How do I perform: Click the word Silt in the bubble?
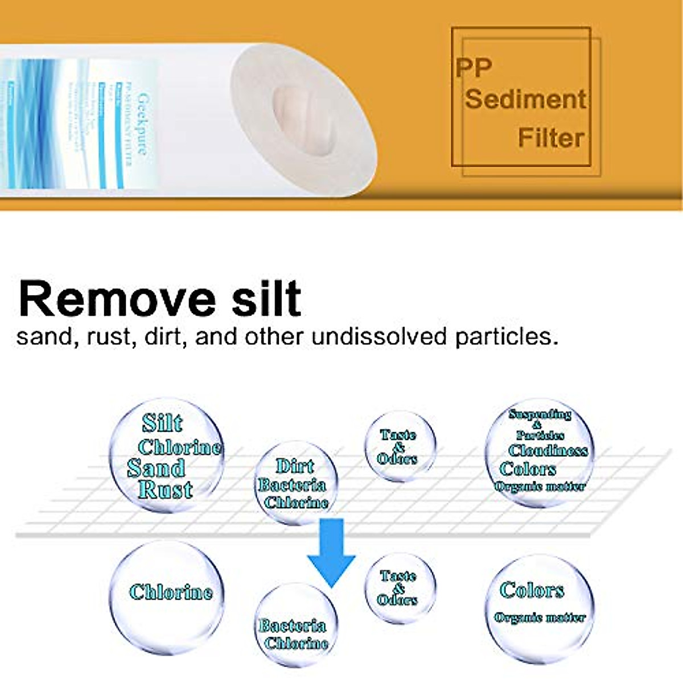click(x=162, y=423)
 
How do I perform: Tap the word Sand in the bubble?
click(x=157, y=468)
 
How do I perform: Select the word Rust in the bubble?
click(x=166, y=489)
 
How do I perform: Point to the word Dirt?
click(x=295, y=466)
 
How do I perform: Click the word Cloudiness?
click(x=548, y=451)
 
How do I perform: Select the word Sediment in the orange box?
click(x=525, y=99)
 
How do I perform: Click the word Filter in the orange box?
click(x=551, y=138)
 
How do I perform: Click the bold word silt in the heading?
click(x=266, y=299)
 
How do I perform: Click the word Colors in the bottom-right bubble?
click(x=532, y=590)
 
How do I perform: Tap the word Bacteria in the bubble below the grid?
click(x=292, y=626)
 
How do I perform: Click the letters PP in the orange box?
click(x=474, y=68)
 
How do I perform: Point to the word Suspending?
click(x=540, y=414)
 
